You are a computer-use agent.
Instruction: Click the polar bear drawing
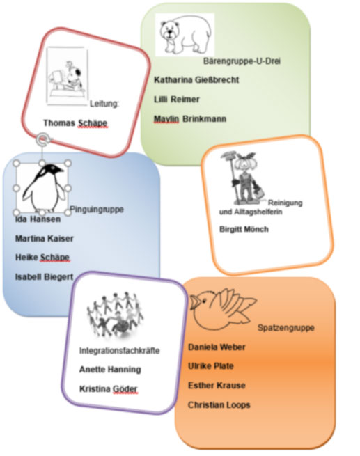[185, 34]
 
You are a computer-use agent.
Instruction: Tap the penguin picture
[44, 187]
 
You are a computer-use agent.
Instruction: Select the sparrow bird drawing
[222, 309]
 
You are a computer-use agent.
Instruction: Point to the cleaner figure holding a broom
[244, 178]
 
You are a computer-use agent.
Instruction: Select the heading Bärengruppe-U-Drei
[242, 61]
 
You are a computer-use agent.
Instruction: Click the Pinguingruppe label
[97, 209]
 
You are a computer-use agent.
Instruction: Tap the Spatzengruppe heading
[286, 328]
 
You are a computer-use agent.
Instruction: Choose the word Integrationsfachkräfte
[120, 350]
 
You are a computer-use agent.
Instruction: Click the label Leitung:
[104, 104]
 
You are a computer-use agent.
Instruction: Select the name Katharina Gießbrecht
[196, 79]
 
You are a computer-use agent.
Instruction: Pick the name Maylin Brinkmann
[190, 118]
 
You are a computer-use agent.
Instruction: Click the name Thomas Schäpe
[75, 123]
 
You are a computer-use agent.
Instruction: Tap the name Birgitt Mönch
[244, 229]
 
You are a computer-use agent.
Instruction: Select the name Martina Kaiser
[44, 239]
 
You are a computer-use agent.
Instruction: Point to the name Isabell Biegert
[44, 277]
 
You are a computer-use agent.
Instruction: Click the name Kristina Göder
[108, 389]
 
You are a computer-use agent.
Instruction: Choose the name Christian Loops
[219, 404]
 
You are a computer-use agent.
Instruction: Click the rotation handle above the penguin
[42, 139]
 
